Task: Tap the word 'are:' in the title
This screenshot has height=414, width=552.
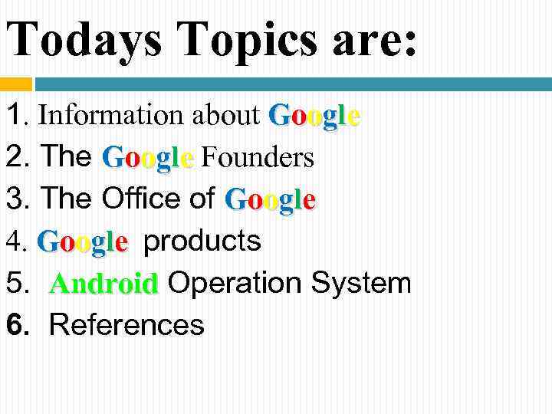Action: coord(375,38)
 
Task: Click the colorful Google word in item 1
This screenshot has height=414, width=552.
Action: coord(315,117)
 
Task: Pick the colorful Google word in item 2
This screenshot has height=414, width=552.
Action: coord(149,158)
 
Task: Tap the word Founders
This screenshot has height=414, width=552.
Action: coord(258,158)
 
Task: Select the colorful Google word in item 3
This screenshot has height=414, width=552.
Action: coord(271,200)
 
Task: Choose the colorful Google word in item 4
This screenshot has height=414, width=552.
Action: coord(82,242)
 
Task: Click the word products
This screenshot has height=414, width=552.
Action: coord(202,242)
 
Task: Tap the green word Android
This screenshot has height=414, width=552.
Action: coord(103,284)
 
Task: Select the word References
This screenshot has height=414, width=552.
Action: coord(127,325)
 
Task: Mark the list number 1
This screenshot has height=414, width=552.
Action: coord(14,116)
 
